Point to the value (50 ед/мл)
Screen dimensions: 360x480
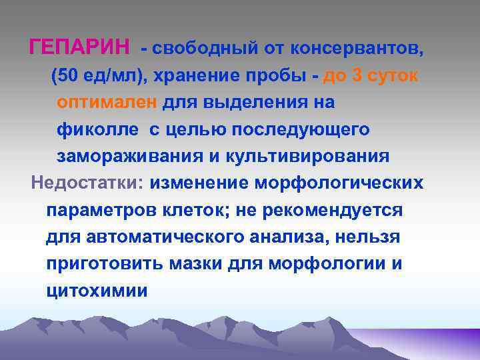(101, 76)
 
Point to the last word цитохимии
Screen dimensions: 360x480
(97, 291)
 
